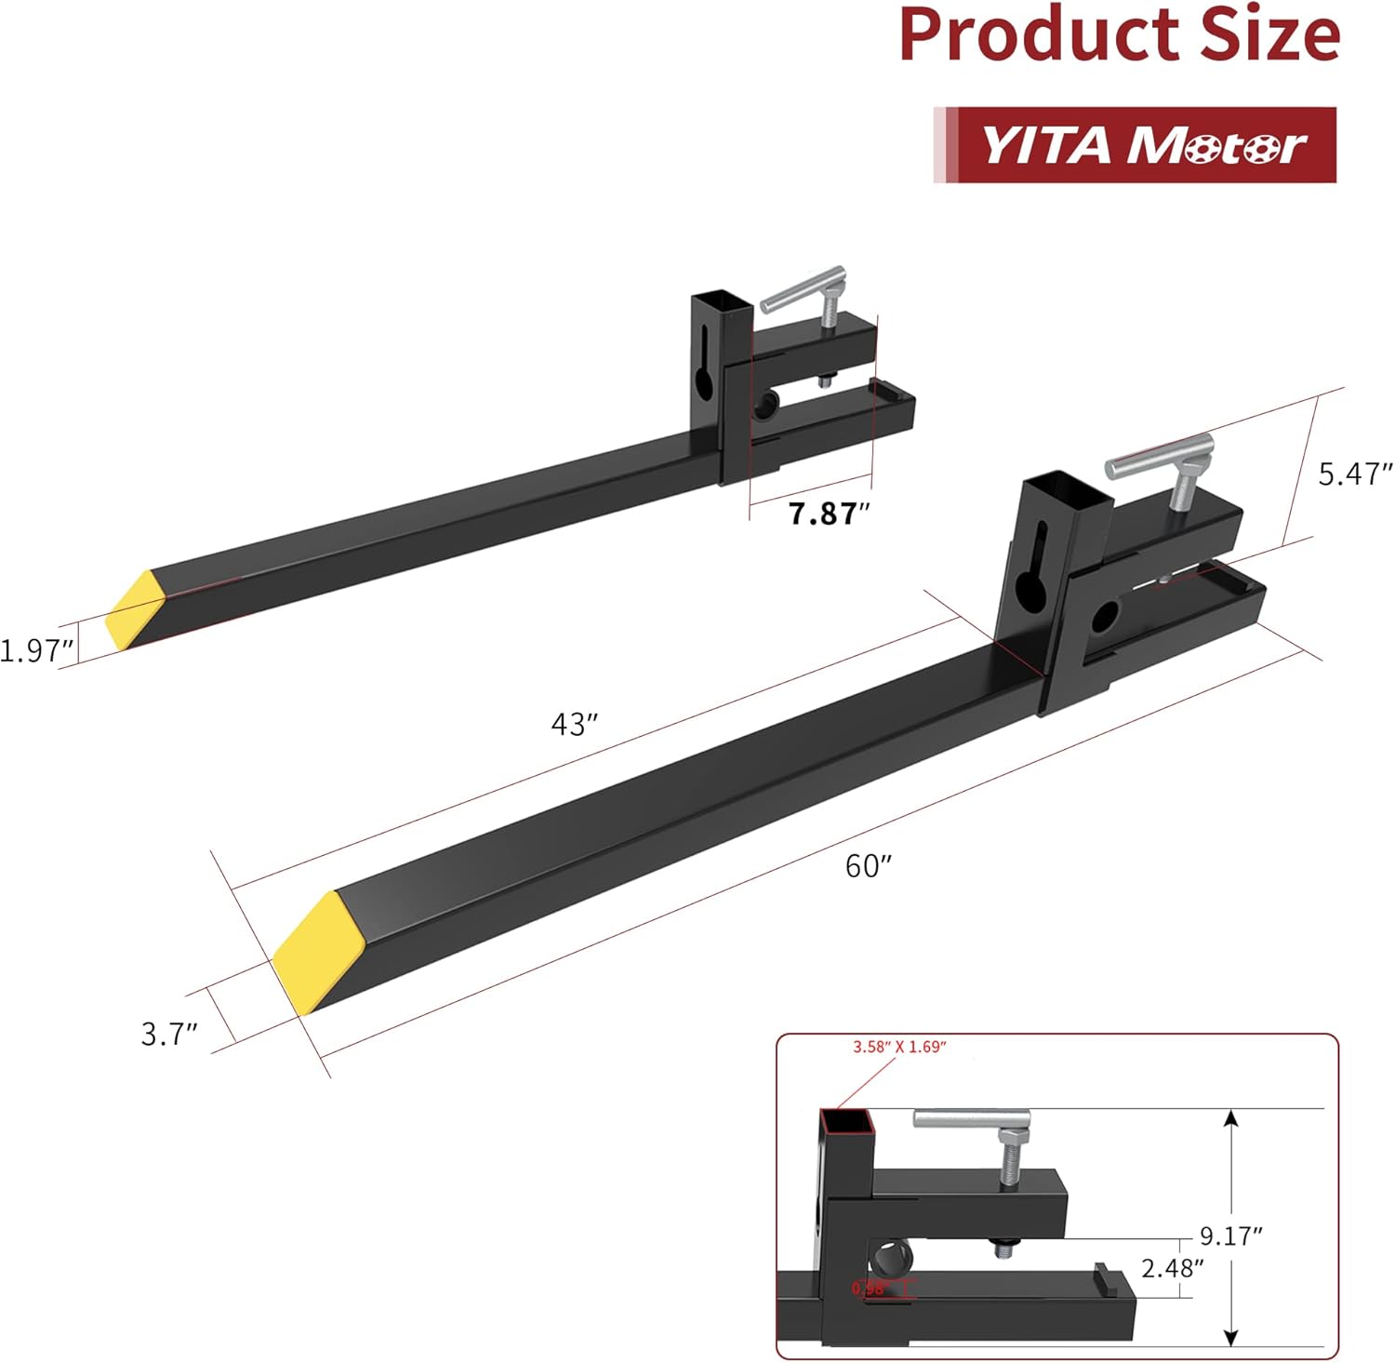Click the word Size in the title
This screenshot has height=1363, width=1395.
1269,35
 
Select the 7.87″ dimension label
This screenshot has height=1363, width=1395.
828,514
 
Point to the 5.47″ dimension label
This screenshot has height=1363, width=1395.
1354,474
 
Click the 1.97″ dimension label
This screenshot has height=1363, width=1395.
35,650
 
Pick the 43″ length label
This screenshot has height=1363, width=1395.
574,724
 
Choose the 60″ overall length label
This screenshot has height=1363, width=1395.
868,866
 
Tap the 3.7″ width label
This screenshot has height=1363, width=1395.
169,1034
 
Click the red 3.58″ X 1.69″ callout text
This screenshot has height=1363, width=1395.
899,1047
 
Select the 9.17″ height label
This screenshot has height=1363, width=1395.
1230,1236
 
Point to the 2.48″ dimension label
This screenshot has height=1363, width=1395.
1172,1267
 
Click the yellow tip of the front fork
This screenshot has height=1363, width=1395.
308,950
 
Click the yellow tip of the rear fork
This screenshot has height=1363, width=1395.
134,609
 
